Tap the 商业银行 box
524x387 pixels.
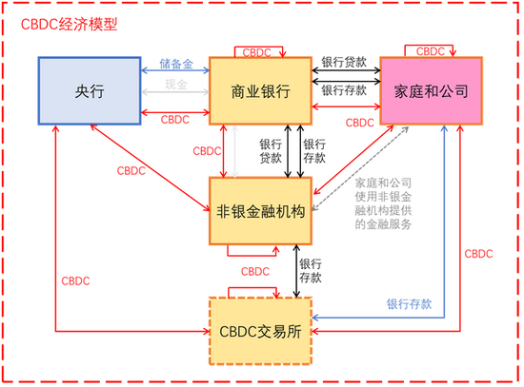click(x=260, y=91)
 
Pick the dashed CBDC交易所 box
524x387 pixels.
click(x=260, y=331)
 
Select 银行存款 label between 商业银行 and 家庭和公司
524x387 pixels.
click(x=345, y=91)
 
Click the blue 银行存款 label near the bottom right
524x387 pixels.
click(x=410, y=304)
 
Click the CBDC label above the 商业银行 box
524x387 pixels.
click(x=260, y=49)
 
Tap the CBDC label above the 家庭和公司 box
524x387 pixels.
click(x=431, y=49)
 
